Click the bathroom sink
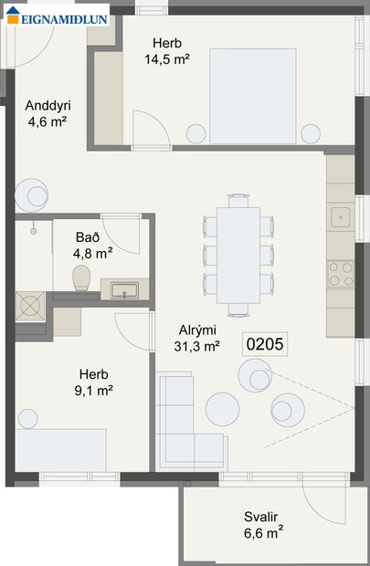[122, 290]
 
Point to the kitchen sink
[341, 217]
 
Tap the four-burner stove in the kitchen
[341, 273]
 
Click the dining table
[238, 256]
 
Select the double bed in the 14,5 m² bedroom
[253, 95]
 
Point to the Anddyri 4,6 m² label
[48, 112]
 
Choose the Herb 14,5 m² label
[167, 51]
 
